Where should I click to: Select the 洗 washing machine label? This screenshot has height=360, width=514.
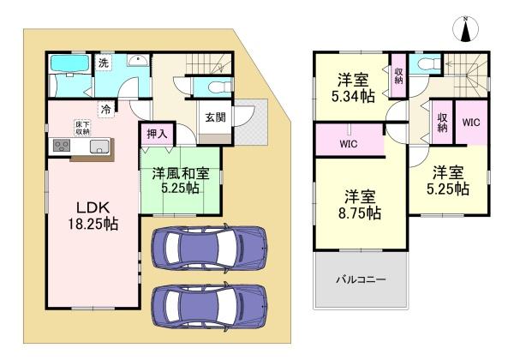tap(102, 63)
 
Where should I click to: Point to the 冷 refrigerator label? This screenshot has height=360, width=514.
tap(105, 109)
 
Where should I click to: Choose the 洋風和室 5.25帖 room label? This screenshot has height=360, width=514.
tap(182, 181)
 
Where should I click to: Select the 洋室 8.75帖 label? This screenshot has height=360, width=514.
tap(356, 202)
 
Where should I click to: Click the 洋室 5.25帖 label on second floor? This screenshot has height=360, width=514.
tap(449, 179)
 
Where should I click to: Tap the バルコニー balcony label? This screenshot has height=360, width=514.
tap(359, 280)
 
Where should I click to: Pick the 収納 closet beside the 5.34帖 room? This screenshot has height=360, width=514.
tap(399, 75)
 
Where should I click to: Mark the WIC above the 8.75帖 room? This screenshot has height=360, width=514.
tap(348, 145)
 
